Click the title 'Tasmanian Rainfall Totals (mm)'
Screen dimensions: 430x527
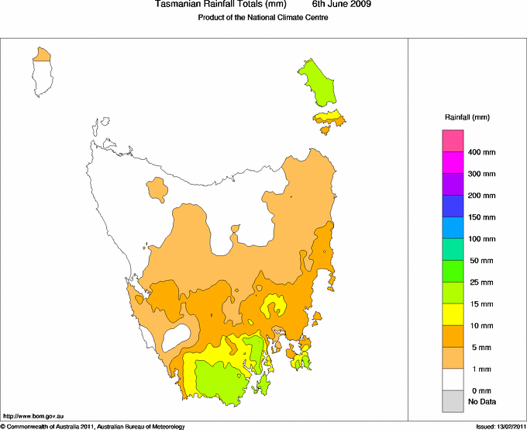221,5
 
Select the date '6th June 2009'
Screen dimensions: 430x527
341,5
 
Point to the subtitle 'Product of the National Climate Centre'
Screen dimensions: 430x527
263,18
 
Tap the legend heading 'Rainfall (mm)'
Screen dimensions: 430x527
467,117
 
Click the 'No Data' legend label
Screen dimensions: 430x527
481,401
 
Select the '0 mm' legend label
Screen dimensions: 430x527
481,390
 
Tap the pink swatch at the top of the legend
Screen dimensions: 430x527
453,140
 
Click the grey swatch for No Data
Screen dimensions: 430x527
453,401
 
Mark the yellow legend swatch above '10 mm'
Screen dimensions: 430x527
453,314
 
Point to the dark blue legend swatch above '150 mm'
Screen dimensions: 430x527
453,206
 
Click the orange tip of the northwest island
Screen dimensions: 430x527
42,54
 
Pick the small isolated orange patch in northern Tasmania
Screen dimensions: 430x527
158,189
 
